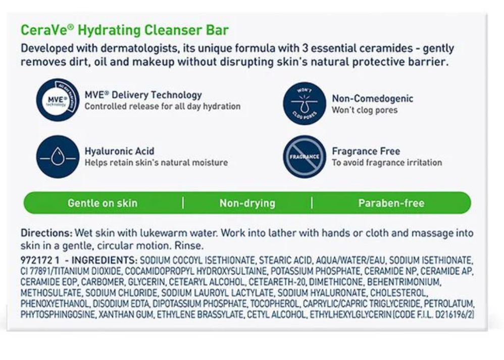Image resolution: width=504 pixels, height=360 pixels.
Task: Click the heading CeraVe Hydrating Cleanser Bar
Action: (124, 30)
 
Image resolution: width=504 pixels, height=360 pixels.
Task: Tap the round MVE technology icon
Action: (58, 100)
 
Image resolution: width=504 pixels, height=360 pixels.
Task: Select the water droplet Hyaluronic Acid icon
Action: (58, 157)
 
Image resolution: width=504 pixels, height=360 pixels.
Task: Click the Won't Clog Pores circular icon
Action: (304, 104)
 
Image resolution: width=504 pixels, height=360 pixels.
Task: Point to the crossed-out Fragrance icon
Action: (304, 157)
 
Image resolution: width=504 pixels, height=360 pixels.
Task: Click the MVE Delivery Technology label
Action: (143, 95)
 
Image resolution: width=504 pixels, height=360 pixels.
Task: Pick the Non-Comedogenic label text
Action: (372, 98)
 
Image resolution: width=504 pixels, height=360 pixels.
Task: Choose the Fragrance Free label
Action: (366, 151)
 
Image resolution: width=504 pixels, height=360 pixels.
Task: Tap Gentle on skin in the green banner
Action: (103, 203)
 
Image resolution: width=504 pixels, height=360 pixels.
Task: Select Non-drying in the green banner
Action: (247, 203)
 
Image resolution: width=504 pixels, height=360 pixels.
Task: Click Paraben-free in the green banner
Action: (391, 203)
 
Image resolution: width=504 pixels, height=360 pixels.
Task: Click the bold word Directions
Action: (46, 233)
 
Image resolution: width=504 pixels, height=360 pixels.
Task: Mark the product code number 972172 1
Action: (40, 260)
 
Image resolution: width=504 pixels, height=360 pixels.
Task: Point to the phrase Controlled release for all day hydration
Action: (162, 107)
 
